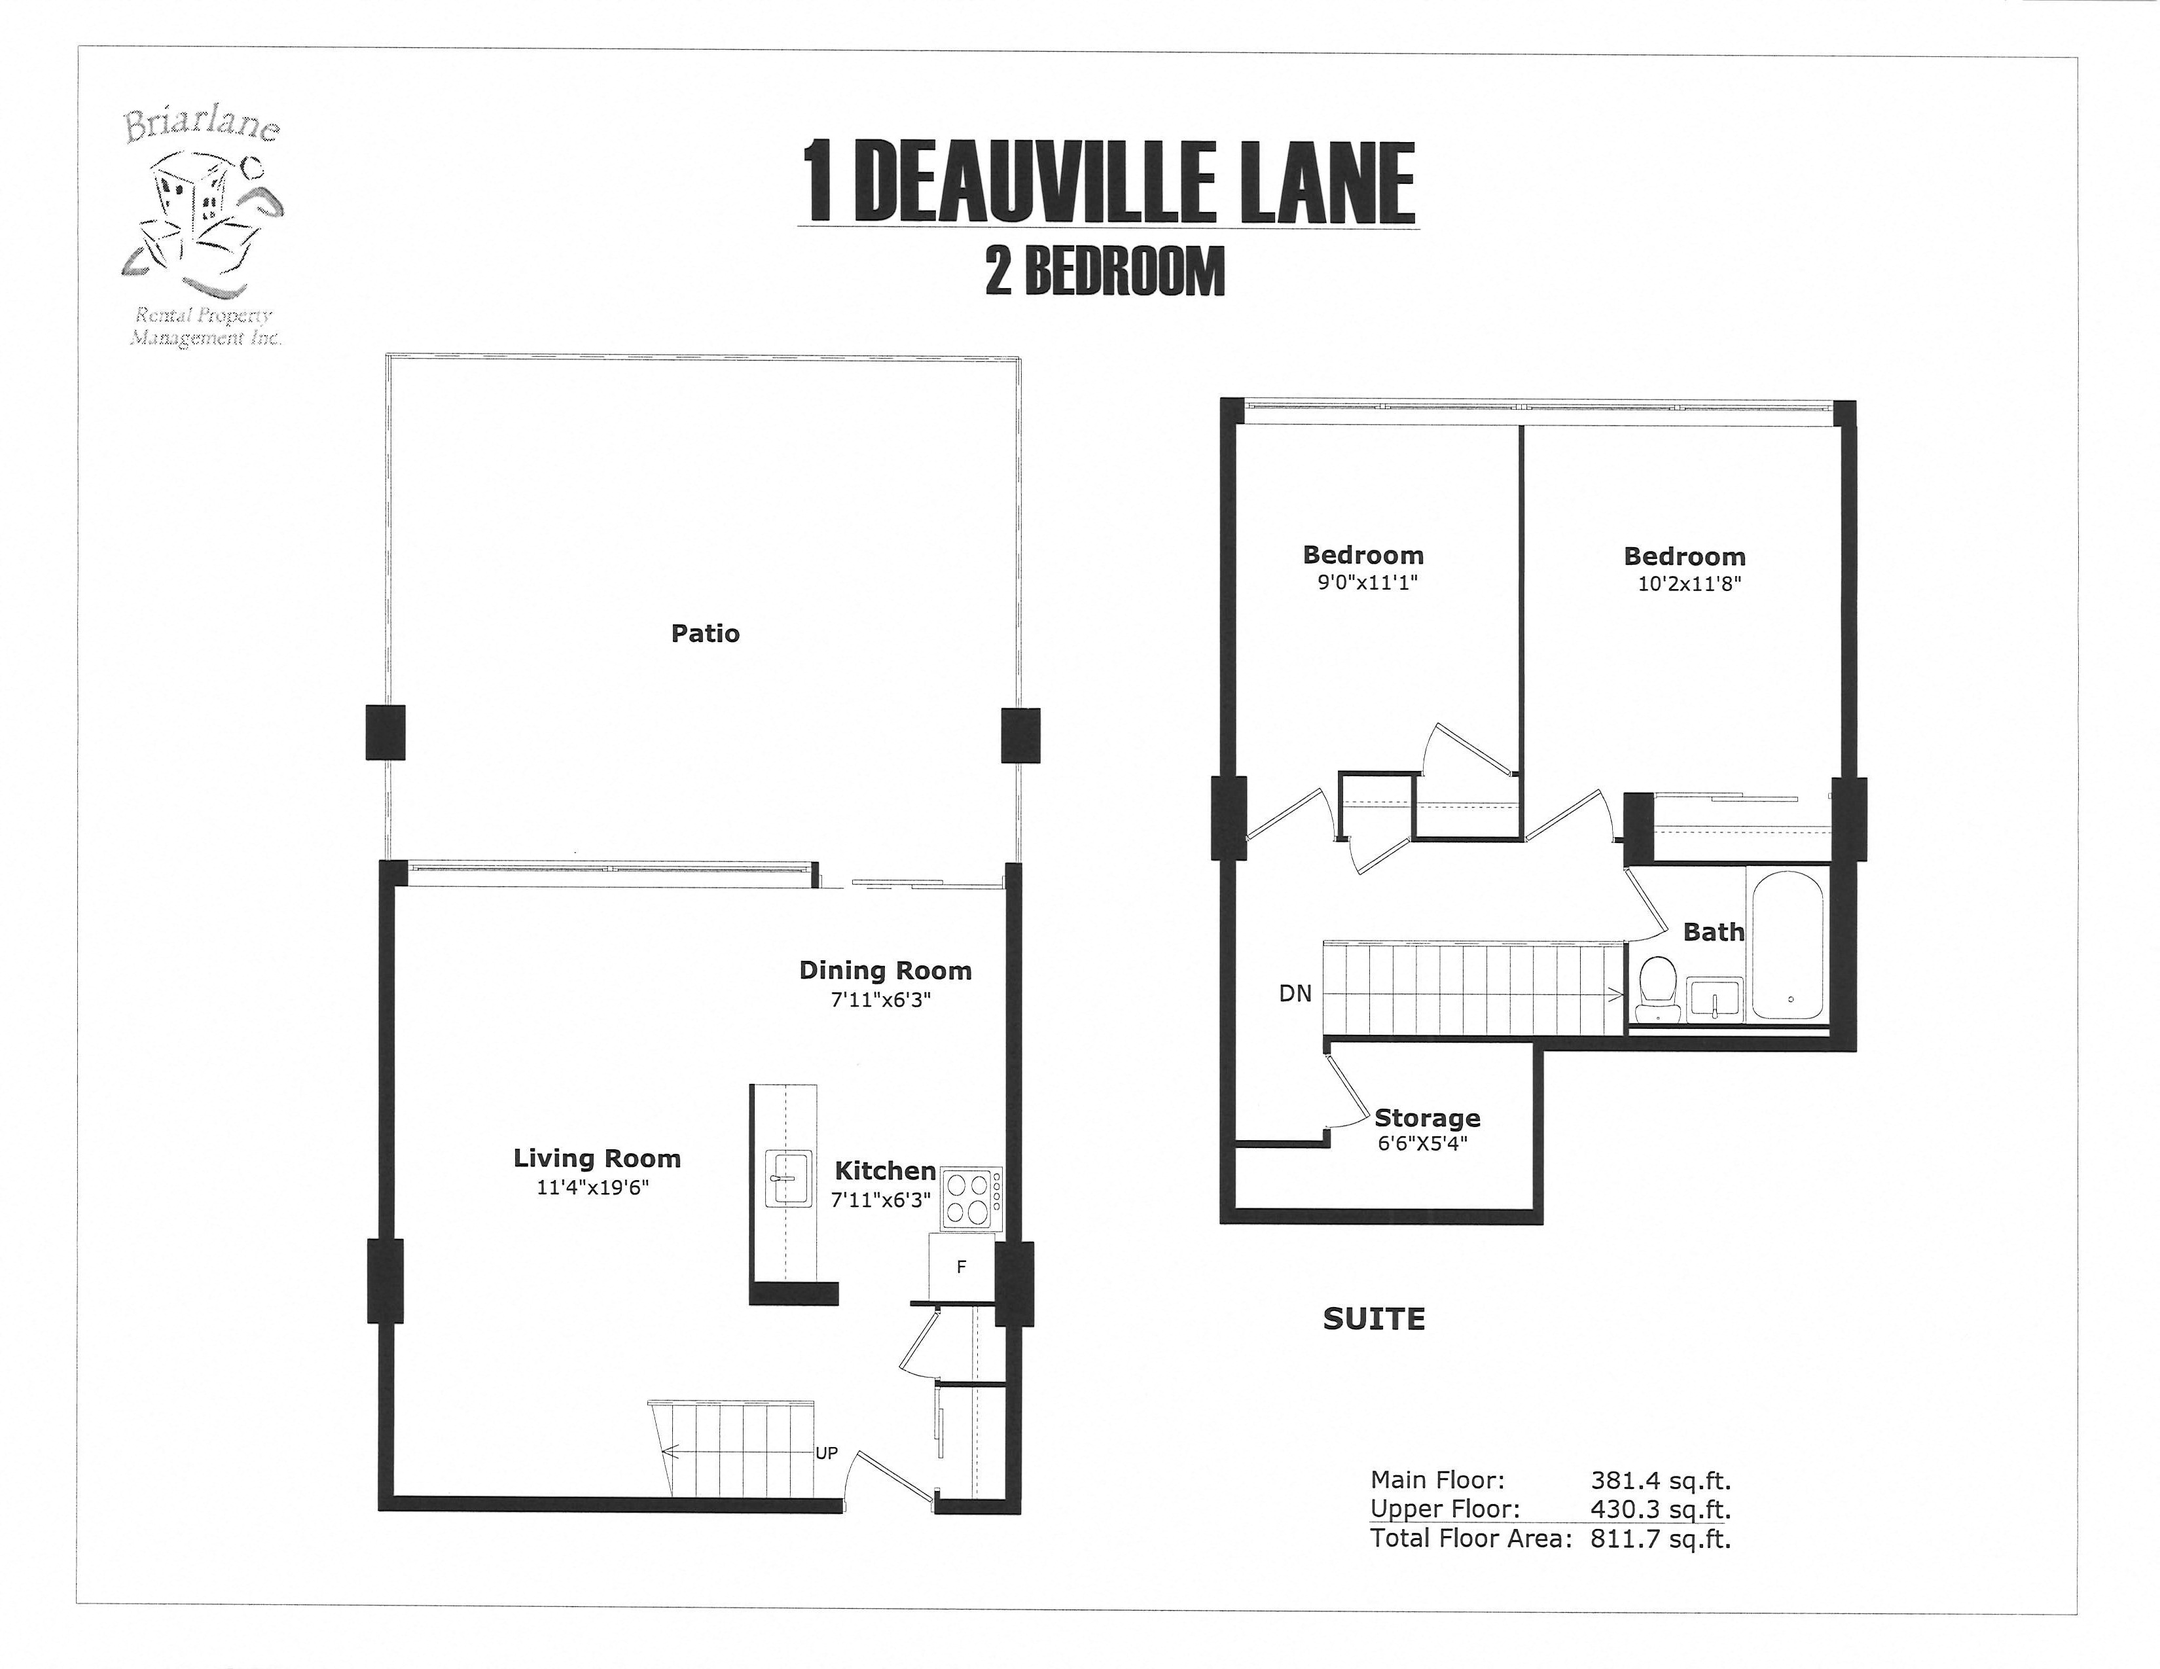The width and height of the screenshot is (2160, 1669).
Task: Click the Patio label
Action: [704, 634]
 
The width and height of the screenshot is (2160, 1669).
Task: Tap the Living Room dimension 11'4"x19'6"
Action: [592, 1187]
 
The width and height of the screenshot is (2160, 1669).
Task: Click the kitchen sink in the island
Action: [787, 1179]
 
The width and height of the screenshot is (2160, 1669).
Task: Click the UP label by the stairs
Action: [826, 1454]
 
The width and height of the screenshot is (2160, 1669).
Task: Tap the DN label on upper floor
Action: [1295, 994]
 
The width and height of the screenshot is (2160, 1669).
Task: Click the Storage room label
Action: [1427, 1119]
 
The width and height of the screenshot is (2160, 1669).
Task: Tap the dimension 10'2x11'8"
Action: [1688, 583]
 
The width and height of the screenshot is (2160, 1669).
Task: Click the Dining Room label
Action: [885, 971]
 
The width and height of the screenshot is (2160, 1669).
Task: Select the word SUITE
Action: [1374, 1319]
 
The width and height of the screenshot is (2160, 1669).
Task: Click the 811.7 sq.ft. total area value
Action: [1661, 1539]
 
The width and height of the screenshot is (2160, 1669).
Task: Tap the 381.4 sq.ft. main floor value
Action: [1661, 1480]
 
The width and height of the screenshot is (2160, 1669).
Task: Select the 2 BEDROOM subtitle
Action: [1105, 271]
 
